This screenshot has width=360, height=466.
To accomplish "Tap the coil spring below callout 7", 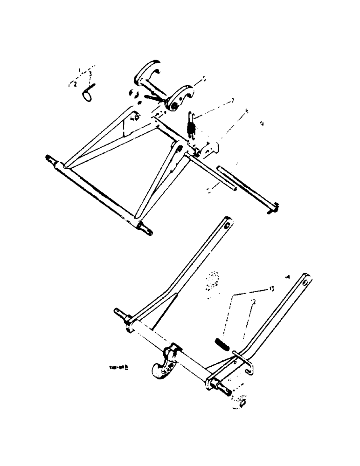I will click(190, 126).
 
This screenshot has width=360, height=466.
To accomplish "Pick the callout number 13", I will click(270, 289).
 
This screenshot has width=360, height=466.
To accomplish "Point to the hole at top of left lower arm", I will click(227, 226).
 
